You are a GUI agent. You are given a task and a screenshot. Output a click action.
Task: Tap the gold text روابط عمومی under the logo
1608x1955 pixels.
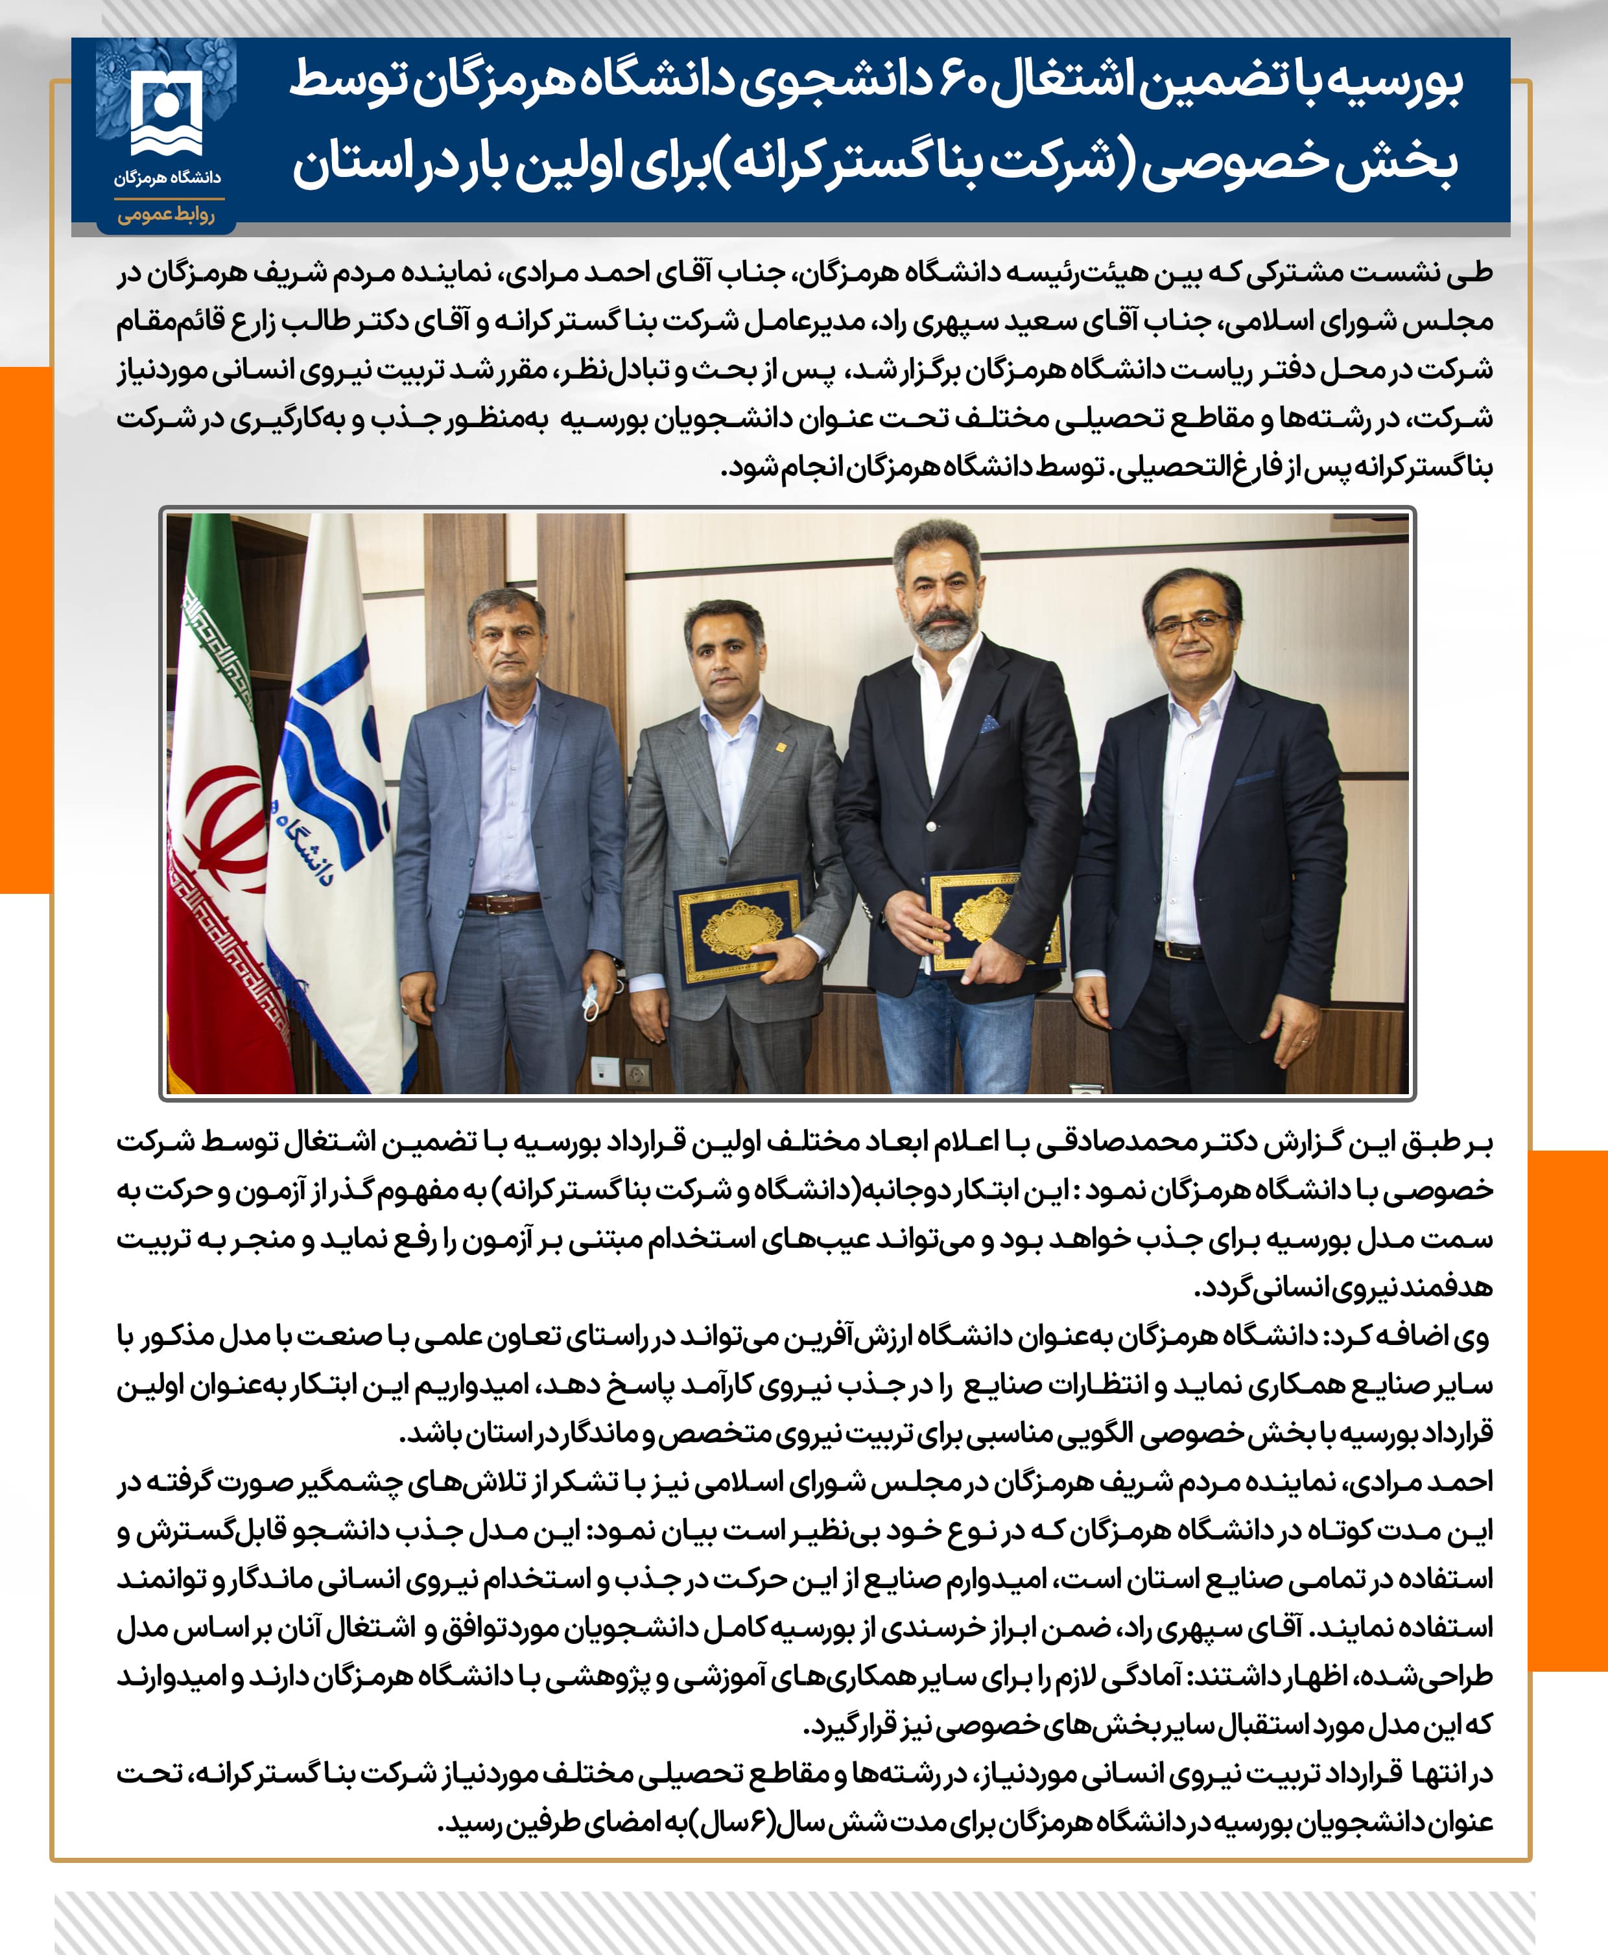(x=166, y=215)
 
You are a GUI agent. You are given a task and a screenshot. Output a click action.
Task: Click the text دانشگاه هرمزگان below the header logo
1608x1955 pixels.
(x=167, y=177)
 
